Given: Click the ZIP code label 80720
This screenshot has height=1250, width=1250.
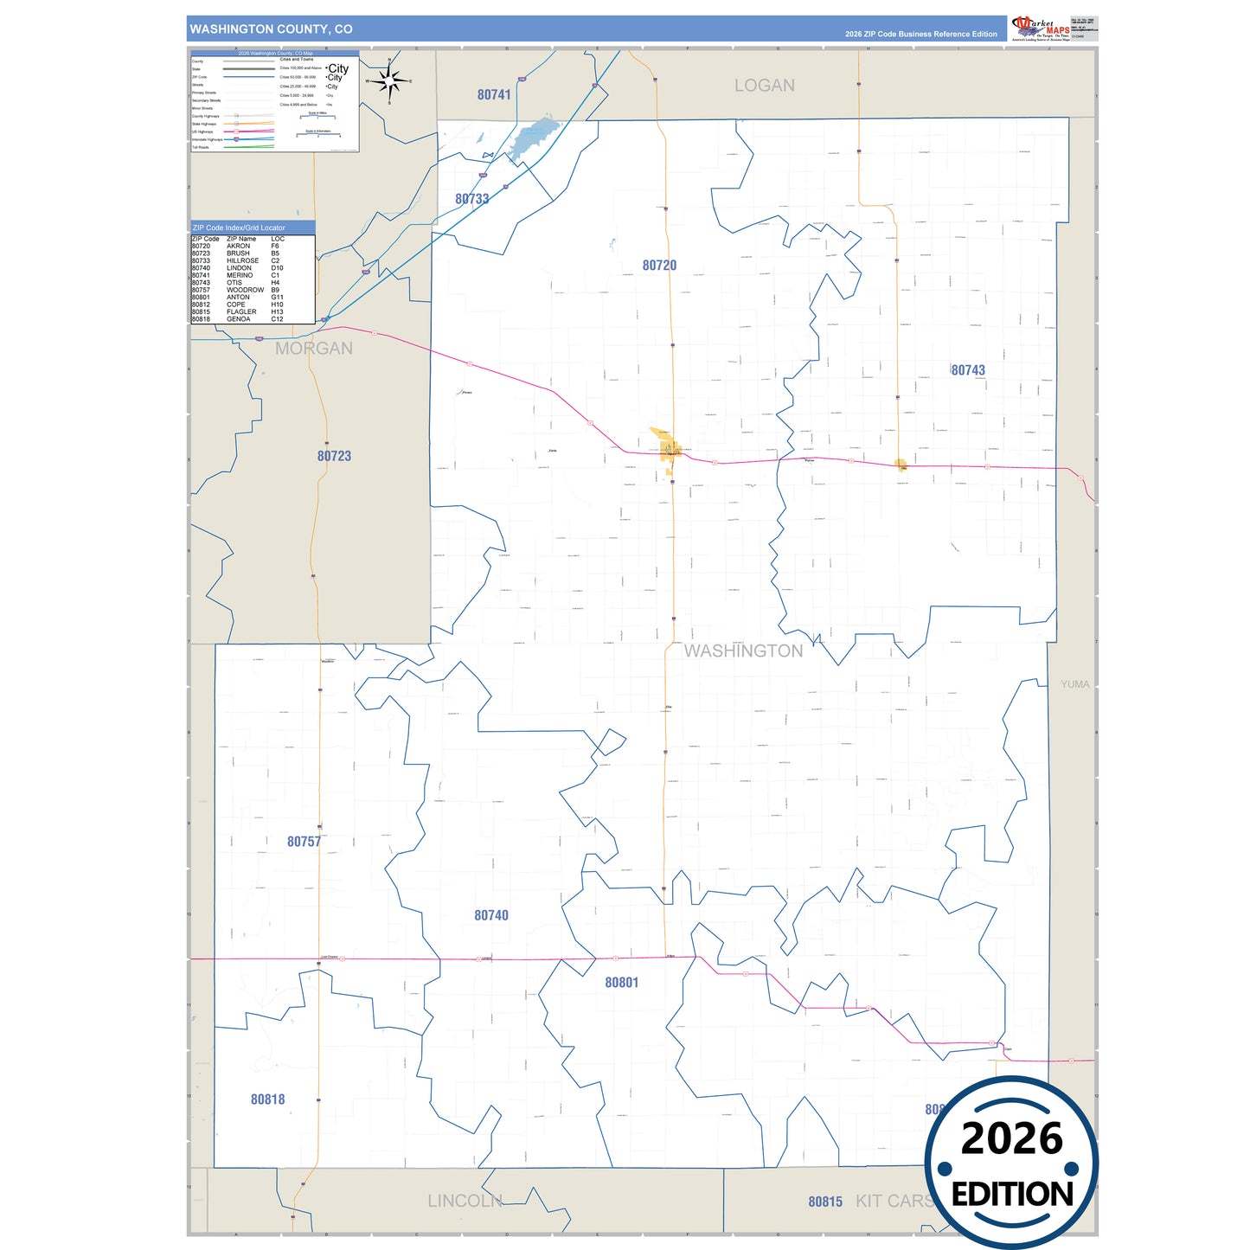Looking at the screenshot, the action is tap(659, 266).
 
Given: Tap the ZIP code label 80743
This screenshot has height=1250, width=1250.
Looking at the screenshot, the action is tap(968, 370).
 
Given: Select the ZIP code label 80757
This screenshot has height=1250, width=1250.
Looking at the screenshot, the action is tap(304, 842).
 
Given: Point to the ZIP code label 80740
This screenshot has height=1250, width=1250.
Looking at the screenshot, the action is tap(491, 915).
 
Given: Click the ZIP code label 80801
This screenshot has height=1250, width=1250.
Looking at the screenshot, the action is tap(621, 983).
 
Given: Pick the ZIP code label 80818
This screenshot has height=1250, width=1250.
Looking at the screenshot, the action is tap(267, 1099).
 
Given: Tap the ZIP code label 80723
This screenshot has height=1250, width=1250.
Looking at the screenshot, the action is tap(334, 456).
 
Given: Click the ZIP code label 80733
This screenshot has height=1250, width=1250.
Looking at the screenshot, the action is tap(471, 199).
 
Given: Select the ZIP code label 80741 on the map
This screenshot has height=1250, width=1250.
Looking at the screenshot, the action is tap(494, 95).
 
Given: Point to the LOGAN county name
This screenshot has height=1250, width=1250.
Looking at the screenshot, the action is tap(764, 86).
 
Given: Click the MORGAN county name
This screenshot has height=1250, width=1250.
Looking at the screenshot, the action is tap(313, 349).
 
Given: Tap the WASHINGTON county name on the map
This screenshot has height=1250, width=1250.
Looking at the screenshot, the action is tap(743, 651).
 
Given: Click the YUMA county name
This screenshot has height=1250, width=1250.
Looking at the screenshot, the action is tap(1074, 684).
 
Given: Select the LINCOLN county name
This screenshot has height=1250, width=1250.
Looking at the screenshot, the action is tap(465, 1201).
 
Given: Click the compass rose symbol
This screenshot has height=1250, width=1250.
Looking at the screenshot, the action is tap(389, 81).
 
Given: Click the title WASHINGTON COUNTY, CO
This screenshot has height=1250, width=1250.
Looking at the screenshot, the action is tap(271, 29).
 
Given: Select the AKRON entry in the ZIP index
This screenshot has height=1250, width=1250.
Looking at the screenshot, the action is tap(238, 247).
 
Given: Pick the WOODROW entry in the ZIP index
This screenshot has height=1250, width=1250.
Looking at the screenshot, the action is tap(245, 291).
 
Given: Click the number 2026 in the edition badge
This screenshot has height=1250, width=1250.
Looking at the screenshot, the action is tap(1011, 1138).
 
